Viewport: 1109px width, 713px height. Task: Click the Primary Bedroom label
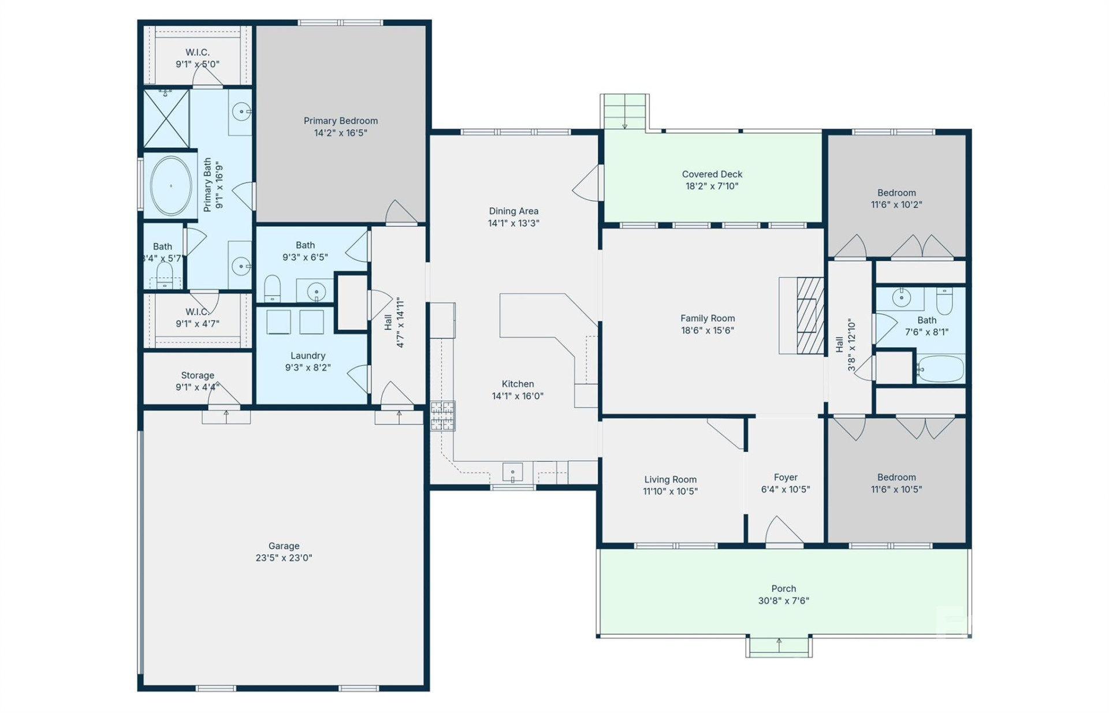point(341,121)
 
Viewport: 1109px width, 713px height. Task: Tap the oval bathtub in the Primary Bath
point(171,186)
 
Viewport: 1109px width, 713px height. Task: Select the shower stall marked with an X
point(166,119)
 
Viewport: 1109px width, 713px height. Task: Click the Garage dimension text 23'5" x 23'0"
point(284,558)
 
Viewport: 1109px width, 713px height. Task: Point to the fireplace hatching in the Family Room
point(810,315)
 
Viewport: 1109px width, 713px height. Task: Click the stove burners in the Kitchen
point(442,416)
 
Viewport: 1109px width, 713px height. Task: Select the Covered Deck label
point(712,174)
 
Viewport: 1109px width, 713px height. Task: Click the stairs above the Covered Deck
point(624,111)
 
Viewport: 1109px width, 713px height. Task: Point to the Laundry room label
point(308,356)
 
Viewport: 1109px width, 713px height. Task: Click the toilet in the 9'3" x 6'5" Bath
point(272,288)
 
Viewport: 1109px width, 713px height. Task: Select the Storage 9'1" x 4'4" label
point(198,381)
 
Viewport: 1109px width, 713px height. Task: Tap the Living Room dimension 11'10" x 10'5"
point(670,491)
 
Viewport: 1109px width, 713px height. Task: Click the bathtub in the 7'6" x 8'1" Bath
point(940,368)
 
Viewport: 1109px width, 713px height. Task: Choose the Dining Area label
point(513,211)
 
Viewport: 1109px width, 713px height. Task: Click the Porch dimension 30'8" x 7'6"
point(783,600)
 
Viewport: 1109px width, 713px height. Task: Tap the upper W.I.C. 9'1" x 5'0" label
point(198,58)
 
